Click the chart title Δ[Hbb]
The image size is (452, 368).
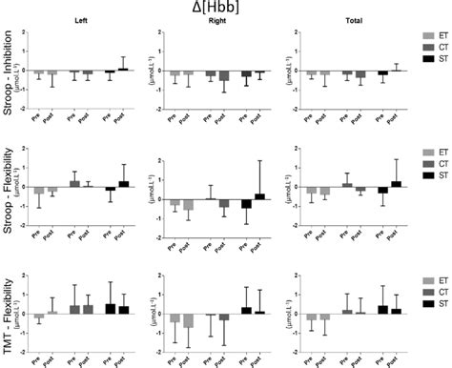click(x=225, y=10)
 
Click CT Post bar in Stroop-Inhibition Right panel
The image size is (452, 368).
click(x=224, y=75)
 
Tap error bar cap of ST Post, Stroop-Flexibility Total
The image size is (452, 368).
click(x=396, y=159)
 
